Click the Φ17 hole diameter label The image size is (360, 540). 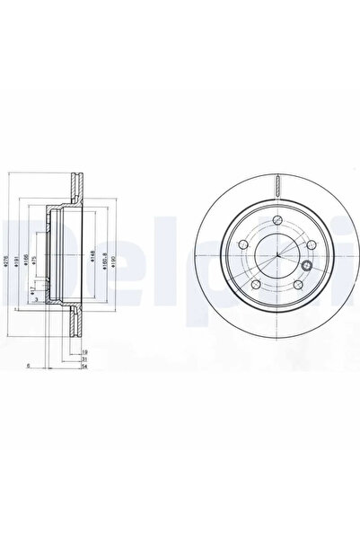(33, 289)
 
